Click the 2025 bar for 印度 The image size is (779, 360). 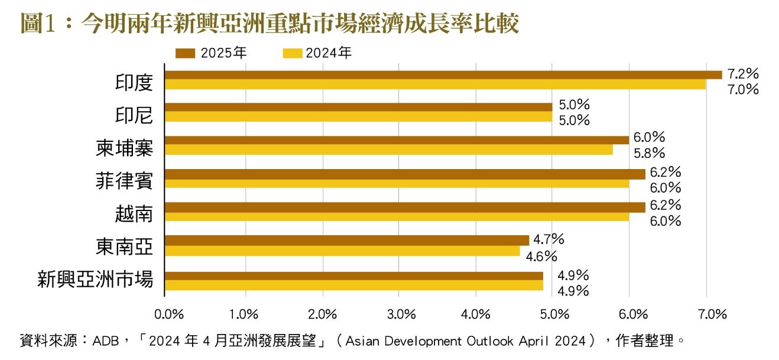443,74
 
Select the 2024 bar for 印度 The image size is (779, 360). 435,85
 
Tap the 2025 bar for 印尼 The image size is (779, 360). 358,107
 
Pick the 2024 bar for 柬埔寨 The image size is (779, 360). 388,150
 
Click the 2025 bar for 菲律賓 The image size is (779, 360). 405,174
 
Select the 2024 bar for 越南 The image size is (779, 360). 397,217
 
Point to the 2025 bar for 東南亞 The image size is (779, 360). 347,240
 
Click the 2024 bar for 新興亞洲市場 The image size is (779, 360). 353,285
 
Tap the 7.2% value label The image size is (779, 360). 743,74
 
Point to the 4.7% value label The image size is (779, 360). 548,239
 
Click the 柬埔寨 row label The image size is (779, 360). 124,148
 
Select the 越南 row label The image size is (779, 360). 134,213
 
